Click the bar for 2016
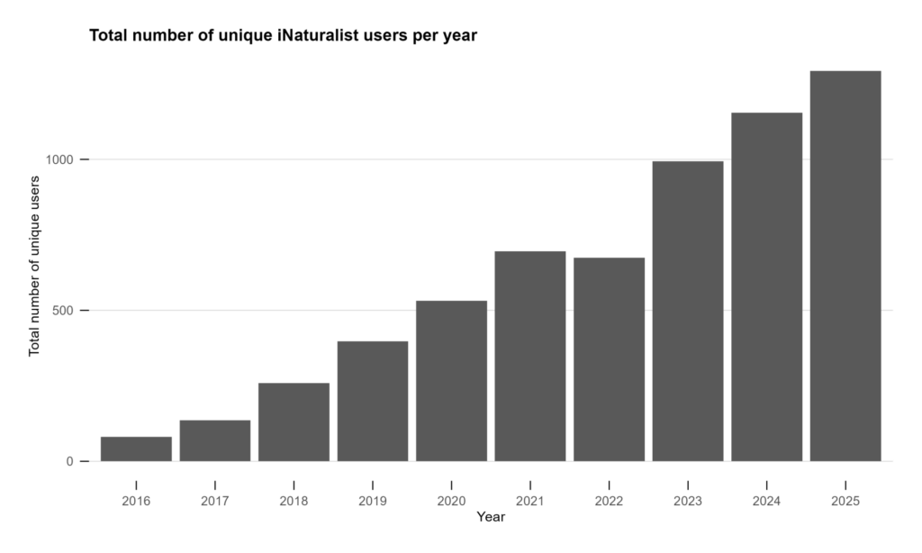(x=136, y=449)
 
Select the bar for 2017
(x=215, y=441)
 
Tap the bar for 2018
(x=294, y=422)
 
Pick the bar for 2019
(x=373, y=402)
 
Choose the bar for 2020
(x=451, y=381)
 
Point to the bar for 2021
(x=530, y=357)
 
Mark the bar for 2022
(x=609, y=359)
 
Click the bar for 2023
(x=688, y=312)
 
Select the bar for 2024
(x=766, y=287)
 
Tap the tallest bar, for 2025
(x=845, y=267)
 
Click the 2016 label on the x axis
(x=136, y=500)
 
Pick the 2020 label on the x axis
(x=451, y=500)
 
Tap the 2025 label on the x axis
(x=845, y=500)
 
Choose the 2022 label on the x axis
(x=609, y=500)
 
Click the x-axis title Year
(x=491, y=517)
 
